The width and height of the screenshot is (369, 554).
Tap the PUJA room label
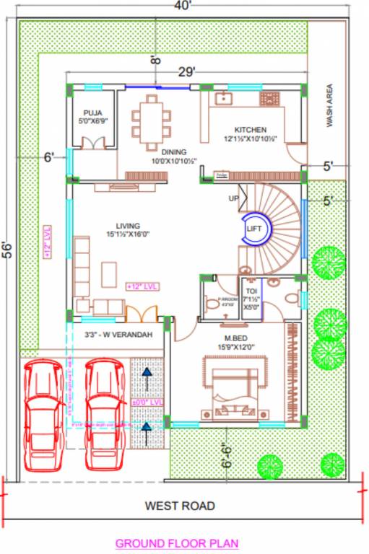pos(92,113)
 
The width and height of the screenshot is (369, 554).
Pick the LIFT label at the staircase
pos(253,228)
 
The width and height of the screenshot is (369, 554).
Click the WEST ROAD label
pos(180,506)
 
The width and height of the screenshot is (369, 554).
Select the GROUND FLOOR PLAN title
pos(177,543)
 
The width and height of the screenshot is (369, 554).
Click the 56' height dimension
pos(8,250)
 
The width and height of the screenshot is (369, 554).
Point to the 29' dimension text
pos(188,71)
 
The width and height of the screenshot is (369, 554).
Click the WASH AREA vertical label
pos(329,108)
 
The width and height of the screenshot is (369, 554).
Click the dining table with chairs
pos(152,118)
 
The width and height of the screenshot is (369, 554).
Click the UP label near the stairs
pos(233,198)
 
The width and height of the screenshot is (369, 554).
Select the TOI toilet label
pos(251,290)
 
